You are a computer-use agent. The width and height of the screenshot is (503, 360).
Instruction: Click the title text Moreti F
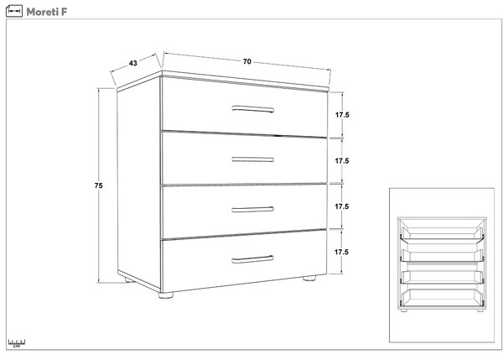pos(47,12)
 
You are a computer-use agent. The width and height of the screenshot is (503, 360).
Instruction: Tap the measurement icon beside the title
pos(14,11)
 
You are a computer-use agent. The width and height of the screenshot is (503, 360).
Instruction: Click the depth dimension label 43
pos(132,63)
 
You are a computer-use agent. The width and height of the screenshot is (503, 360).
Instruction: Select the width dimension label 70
pos(246,61)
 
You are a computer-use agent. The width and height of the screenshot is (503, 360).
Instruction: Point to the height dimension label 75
pos(98,185)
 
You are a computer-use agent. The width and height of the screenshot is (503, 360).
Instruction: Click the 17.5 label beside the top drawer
pos(342,115)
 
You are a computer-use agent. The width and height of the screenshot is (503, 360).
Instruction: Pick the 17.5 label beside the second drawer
pos(342,160)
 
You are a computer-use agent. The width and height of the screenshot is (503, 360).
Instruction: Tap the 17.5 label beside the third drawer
pos(342,206)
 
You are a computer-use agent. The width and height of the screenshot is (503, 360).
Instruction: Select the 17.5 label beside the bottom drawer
pos(341,252)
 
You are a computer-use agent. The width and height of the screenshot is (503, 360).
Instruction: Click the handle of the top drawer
pos(253,109)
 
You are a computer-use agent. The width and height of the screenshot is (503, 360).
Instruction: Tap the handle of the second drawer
pos(253,159)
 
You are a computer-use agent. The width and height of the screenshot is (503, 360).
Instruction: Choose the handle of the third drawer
pos(253,210)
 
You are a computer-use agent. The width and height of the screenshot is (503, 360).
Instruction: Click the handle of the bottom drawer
pos(253,259)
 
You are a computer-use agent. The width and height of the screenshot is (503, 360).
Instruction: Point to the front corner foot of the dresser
pos(166,295)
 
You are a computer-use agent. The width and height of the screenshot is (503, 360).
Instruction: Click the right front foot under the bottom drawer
pos(309,278)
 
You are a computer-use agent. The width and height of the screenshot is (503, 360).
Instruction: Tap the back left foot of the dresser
pos(129,280)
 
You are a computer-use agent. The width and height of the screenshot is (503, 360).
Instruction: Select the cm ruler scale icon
pos(17,343)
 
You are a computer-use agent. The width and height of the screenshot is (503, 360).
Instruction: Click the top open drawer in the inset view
pos(442,234)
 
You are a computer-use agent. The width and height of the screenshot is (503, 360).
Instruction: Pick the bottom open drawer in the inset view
pos(442,297)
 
